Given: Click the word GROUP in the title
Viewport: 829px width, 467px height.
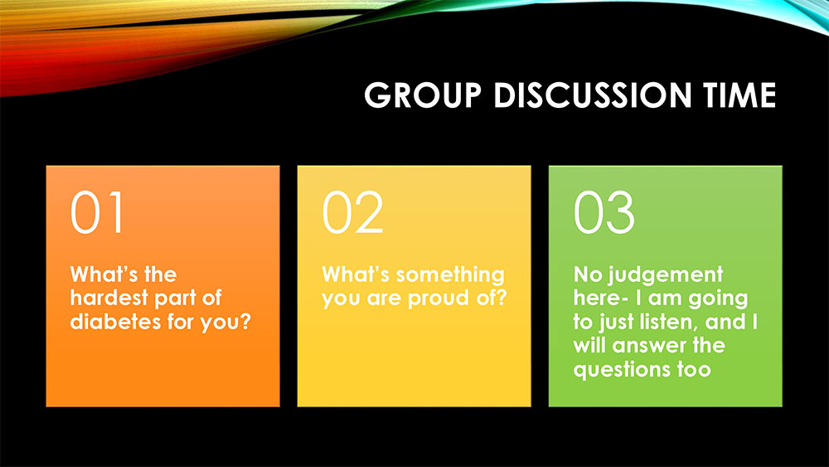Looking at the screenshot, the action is [423, 95].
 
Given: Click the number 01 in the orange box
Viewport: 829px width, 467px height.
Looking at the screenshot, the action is [97, 212].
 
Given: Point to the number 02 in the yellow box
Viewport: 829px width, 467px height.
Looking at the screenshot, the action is [352, 212].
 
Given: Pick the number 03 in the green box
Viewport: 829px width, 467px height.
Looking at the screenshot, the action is [604, 212].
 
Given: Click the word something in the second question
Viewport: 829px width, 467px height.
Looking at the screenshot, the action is [450, 275].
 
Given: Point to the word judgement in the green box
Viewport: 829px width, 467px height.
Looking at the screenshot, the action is [665, 275].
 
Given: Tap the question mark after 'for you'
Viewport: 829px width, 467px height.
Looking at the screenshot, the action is [245, 321].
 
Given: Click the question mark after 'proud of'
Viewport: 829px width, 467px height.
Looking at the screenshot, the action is [501, 298].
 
